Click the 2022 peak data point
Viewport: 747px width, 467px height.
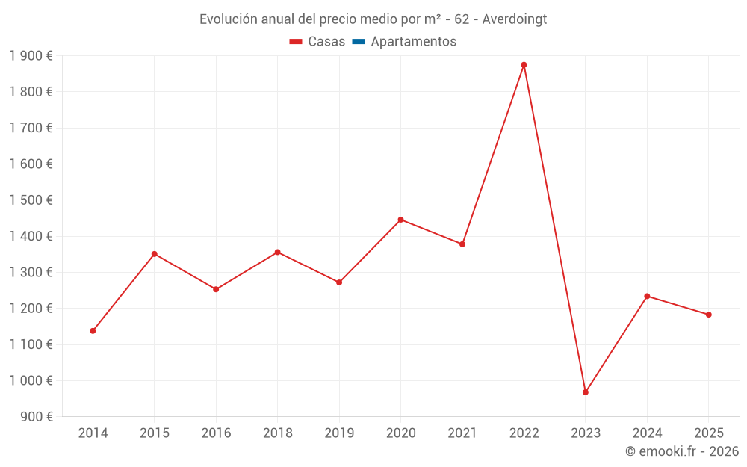tap(524, 65)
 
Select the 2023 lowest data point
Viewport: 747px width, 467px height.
tap(586, 392)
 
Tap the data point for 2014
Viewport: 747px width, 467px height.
tap(93, 330)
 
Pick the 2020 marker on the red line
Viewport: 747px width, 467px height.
tap(400, 220)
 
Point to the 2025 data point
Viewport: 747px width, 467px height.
tap(709, 315)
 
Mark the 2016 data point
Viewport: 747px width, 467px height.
tap(216, 289)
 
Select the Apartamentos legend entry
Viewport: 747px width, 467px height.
tap(413, 42)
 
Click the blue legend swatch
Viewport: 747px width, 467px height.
tap(358, 42)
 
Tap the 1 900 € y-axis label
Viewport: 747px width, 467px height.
tap(31, 56)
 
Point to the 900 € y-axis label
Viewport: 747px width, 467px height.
tap(36, 417)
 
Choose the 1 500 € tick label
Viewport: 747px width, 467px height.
tap(31, 200)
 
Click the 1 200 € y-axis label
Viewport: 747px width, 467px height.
tap(31, 309)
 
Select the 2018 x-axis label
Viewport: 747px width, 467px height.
tap(277, 433)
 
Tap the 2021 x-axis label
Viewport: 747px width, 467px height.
tap(462, 433)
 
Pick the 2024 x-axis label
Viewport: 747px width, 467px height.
tap(647, 433)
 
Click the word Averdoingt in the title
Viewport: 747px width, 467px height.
tap(515, 19)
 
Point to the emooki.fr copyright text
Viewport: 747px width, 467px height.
tap(682, 451)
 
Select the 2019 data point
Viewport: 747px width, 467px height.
tap(339, 282)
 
